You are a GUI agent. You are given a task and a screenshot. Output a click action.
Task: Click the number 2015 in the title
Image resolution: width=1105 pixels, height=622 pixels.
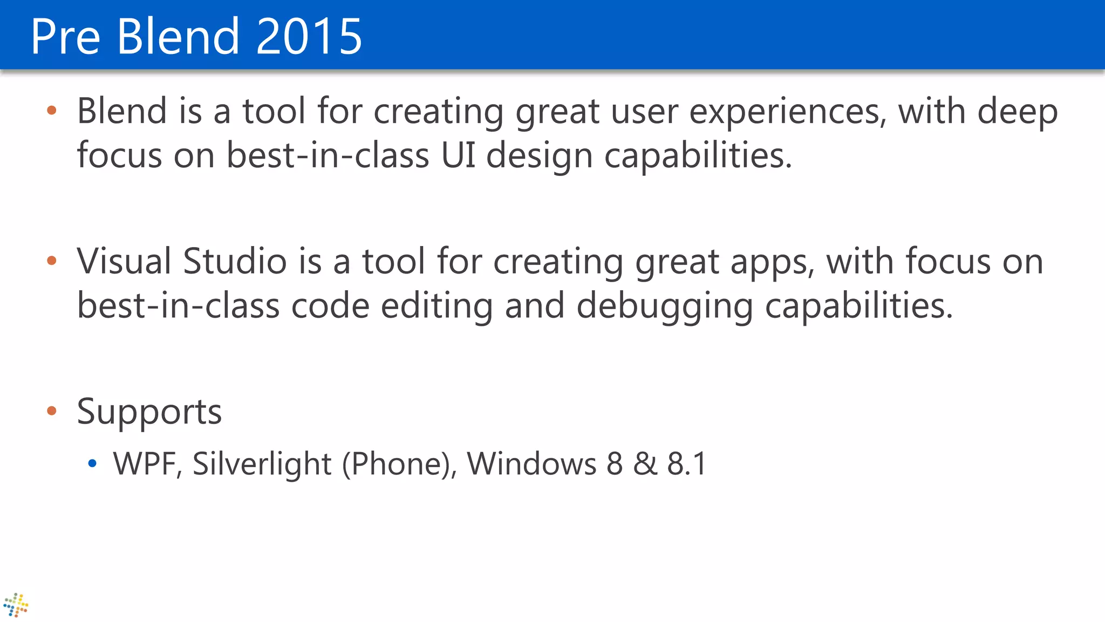(309, 36)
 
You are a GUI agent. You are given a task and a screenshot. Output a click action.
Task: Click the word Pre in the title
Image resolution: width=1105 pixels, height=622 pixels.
(65, 36)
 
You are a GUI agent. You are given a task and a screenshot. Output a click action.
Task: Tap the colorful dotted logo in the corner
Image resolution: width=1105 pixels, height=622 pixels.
(16, 605)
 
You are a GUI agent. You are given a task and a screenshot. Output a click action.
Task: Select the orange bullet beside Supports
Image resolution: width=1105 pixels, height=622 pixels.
(52, 411)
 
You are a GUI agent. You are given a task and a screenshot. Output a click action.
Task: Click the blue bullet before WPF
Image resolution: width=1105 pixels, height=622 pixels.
(92, 463)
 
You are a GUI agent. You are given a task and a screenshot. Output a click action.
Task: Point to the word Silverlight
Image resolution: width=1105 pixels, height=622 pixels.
(262, 464)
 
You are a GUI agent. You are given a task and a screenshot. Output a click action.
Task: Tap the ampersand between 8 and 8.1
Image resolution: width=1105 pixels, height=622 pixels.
(645, 464)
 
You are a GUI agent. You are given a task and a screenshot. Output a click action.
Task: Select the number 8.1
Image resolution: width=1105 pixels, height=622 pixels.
(687, 464)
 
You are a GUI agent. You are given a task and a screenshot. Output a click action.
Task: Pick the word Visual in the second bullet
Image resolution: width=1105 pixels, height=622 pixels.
(124, 261)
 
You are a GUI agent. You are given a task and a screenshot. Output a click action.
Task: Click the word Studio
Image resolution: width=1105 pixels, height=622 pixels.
(235, 261)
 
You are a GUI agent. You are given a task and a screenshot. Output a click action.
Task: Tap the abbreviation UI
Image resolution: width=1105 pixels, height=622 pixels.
(458, 155)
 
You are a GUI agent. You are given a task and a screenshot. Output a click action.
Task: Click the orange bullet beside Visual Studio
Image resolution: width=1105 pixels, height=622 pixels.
(52, 261)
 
